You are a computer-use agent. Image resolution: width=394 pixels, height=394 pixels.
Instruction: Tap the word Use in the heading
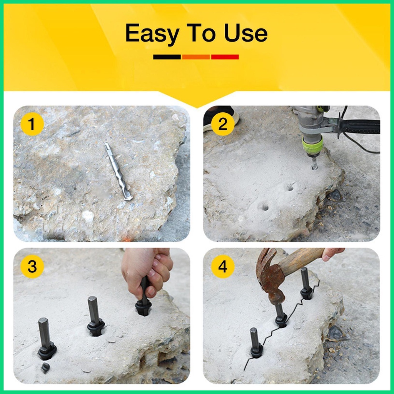246,33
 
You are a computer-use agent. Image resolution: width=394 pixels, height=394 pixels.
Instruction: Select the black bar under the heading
167,57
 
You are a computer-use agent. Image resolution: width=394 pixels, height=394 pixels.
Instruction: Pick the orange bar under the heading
196,57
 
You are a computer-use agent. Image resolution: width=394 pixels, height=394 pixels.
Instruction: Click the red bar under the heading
225,57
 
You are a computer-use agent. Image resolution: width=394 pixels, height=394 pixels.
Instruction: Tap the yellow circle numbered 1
32,124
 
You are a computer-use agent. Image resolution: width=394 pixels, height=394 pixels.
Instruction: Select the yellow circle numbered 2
223,124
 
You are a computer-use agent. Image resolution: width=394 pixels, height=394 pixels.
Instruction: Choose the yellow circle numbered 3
32,266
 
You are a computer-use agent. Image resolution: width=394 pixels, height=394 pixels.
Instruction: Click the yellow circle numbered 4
223,266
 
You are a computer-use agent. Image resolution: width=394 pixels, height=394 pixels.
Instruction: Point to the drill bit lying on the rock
118,171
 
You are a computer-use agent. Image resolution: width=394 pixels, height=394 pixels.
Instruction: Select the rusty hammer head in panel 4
270,276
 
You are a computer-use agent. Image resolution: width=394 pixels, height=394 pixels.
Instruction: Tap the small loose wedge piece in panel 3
45,368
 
